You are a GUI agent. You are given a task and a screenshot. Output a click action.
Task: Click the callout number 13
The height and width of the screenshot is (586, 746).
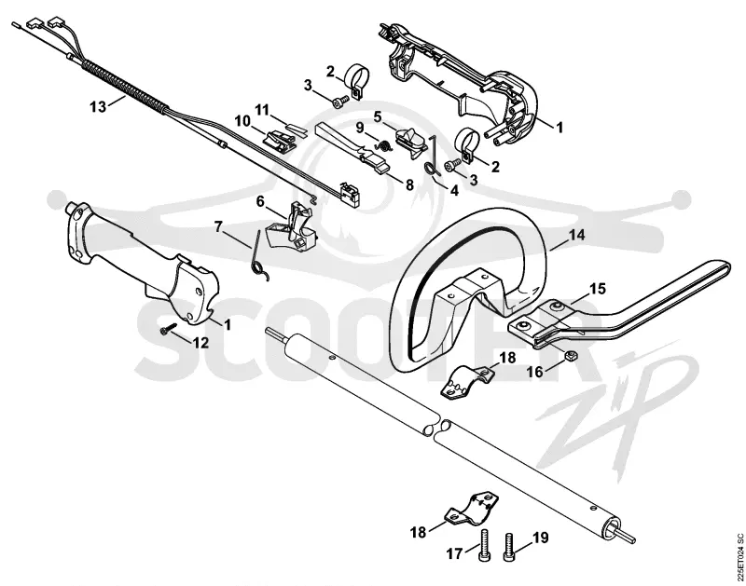[98, 107]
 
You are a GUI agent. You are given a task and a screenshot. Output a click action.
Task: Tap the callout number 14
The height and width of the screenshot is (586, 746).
[576, 235]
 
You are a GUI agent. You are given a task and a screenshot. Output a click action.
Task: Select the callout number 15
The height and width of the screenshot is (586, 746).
[598, 289]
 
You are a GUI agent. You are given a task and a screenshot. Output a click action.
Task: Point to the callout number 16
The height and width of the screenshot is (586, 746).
[535, 372]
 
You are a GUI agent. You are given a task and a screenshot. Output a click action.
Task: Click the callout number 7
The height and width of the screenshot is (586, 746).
[218, 226]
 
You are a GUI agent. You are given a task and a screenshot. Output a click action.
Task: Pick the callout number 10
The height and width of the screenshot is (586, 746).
[242, 121]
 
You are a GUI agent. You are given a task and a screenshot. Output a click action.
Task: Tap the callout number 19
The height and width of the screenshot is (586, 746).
[541, 538]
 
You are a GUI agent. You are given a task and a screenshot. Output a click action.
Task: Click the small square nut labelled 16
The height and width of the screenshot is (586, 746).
[570, 355]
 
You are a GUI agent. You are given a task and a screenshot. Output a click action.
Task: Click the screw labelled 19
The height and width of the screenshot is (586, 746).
[508, 547]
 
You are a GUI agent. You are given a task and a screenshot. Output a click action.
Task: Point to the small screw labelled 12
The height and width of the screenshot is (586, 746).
[169, 329]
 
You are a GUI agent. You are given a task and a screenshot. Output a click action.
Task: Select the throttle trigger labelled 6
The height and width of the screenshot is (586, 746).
[290, 226]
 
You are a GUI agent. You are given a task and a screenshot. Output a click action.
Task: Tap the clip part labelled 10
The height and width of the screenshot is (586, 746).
[280, 142]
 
